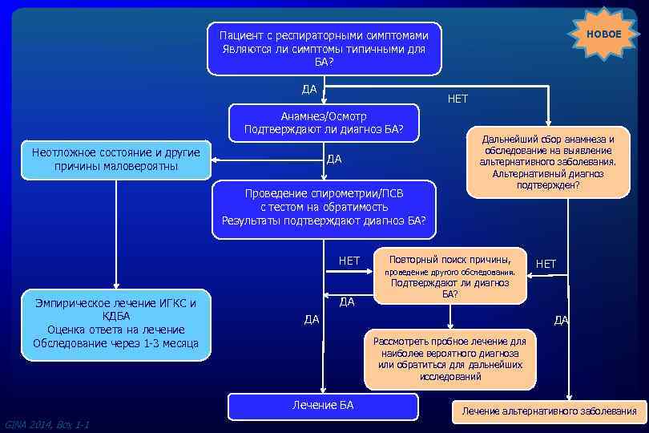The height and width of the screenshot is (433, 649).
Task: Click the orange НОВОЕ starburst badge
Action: pyautogui.click(x=603, y=34)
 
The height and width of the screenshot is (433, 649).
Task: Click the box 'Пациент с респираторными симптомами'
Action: pyautogui.click(x=324, y=49)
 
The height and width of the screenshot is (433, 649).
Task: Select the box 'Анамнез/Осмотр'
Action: pyautogui.click(x=324, y=123)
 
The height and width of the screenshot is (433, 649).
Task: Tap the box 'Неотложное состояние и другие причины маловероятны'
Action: pyautogui.click(x=116, y=159)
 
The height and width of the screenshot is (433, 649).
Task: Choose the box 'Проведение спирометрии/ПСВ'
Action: pyautogui.click(x=324, y=208)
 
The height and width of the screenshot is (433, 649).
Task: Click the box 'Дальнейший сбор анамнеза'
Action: pyautogui.click(x=548, y=162)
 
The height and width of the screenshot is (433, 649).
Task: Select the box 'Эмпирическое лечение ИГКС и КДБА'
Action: pyautogui.click(x=116, y=323)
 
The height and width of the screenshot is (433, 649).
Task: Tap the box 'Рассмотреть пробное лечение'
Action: pyautogui.click(x=449, y=358)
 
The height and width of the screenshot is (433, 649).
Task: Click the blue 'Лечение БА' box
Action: pyautogui.click(x=322, y=406)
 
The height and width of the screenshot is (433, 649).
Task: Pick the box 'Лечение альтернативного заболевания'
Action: pyautogui.click(x=549, y=412)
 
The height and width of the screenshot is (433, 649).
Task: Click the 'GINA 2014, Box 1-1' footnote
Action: pyautogui.click(x=46, y=424)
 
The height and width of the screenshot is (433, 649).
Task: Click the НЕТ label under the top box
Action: pyautogui.click(x=458, y=99)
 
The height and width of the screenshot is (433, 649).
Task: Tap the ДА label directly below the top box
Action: pyautogui.click(x=309, y=88)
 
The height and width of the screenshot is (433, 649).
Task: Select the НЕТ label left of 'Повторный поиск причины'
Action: pyautogui.click(x=349, y=261)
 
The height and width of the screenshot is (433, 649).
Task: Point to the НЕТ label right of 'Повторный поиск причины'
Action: pyautogui.click(x=546, y=264)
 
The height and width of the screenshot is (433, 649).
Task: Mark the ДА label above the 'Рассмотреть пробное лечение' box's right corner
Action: pyautogui.click(x=561, y=320)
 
